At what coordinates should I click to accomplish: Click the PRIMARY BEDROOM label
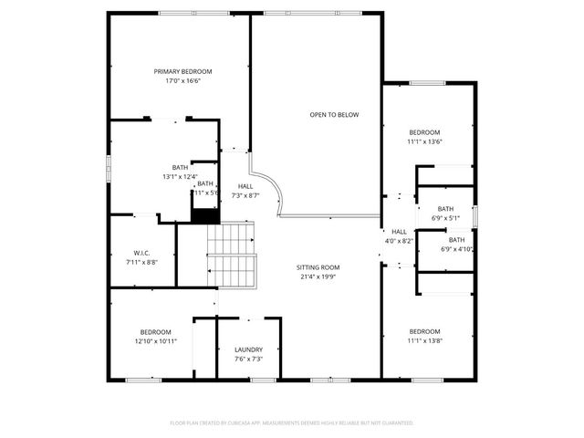[182, 71]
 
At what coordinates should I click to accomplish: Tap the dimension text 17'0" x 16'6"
[182, 81]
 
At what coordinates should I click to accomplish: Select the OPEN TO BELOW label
[334, 115]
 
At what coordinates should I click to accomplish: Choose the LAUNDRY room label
[248, 349]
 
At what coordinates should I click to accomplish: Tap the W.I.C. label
[141, 253]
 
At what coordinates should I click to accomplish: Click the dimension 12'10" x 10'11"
[156, 341]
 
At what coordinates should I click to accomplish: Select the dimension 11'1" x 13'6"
[424, 141]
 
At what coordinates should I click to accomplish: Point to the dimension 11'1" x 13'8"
[424, 341]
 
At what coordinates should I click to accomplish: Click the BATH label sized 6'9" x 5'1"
[445, 209]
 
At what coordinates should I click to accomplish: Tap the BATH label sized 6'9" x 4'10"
[455, 240]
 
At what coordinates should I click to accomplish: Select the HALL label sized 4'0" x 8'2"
[400, 232]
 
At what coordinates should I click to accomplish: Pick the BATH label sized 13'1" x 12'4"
[180, 167]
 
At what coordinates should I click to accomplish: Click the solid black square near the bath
[205, 214]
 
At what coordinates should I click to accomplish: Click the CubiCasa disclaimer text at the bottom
[292, 422]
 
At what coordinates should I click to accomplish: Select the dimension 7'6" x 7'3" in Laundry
[248, 360]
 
